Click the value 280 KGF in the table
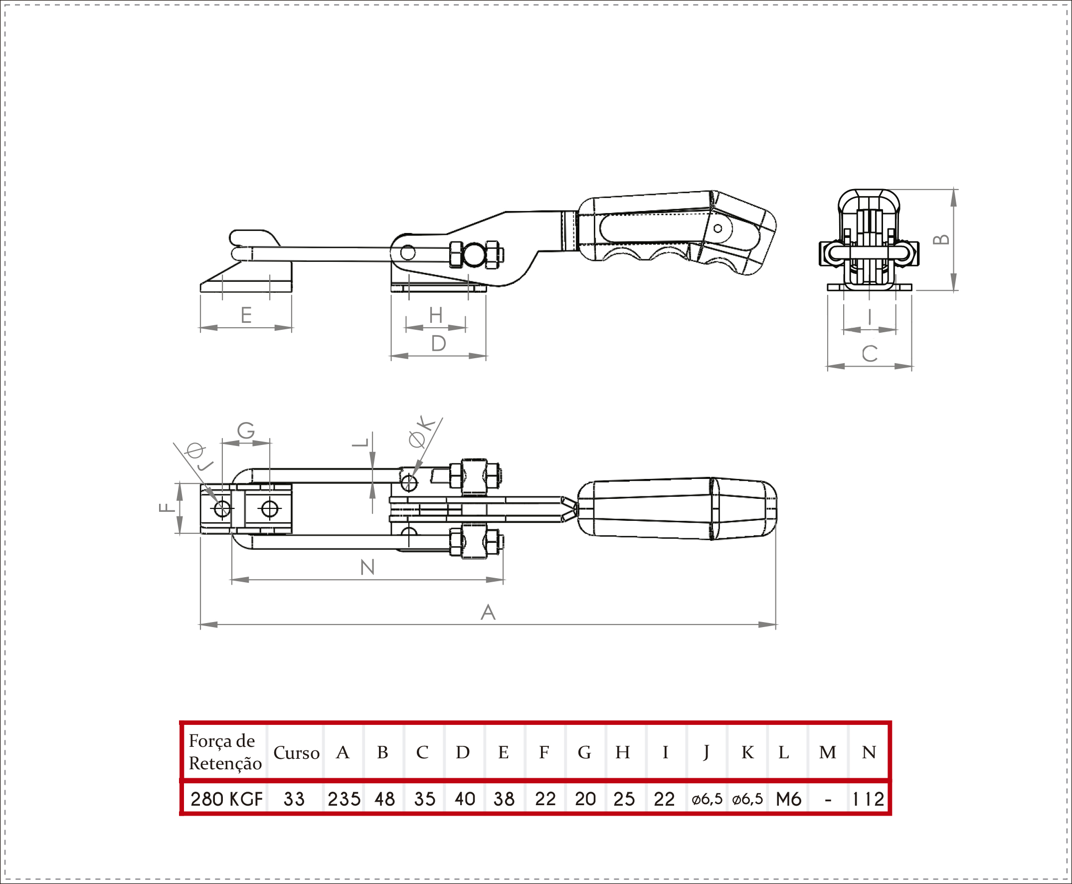pos(226,799)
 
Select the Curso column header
pos(296,753)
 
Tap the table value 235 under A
pos(344,799)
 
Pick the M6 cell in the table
pos(788,799)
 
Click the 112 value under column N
pos(869,799)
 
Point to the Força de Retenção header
pos(225,752)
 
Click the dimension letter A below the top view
pos(488,612)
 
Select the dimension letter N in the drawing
pos(367,567)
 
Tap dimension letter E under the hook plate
pos(246,315)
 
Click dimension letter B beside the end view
pos(941,239)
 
